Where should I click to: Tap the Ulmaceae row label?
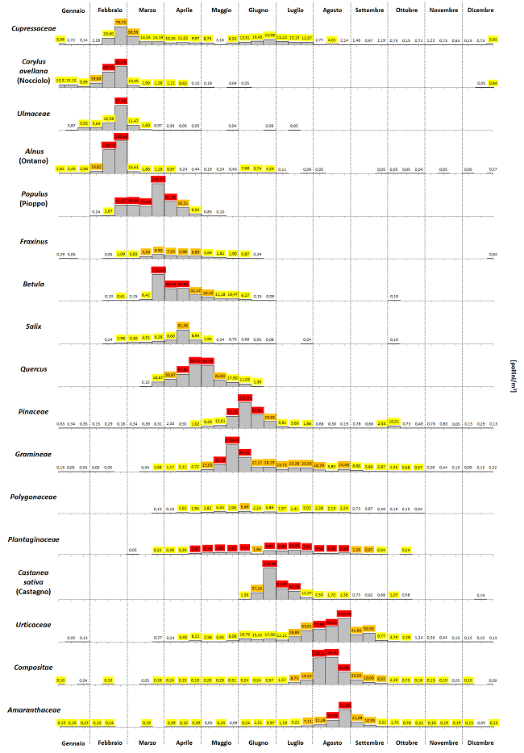[33, 114]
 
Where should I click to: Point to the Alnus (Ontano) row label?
[33, 156]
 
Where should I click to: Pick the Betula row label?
[33, 284]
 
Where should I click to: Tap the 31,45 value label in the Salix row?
[183, 325]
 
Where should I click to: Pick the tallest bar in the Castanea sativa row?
[269, 576]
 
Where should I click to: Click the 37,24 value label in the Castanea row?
[257, 589]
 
